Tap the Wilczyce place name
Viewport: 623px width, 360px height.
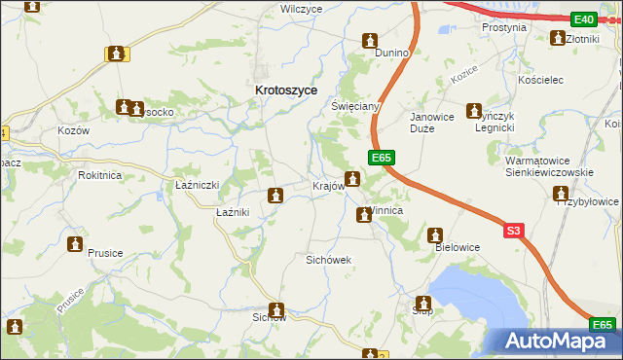coord(301,9)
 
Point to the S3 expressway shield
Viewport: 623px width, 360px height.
coord(515,231)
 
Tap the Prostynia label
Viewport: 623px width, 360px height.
coord(504,28)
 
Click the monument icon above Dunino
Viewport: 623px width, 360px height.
coord(370,41)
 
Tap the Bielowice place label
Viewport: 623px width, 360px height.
coord(457,247)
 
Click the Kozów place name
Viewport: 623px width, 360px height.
coord(73,130)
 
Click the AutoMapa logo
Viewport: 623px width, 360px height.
coord(557,341)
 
